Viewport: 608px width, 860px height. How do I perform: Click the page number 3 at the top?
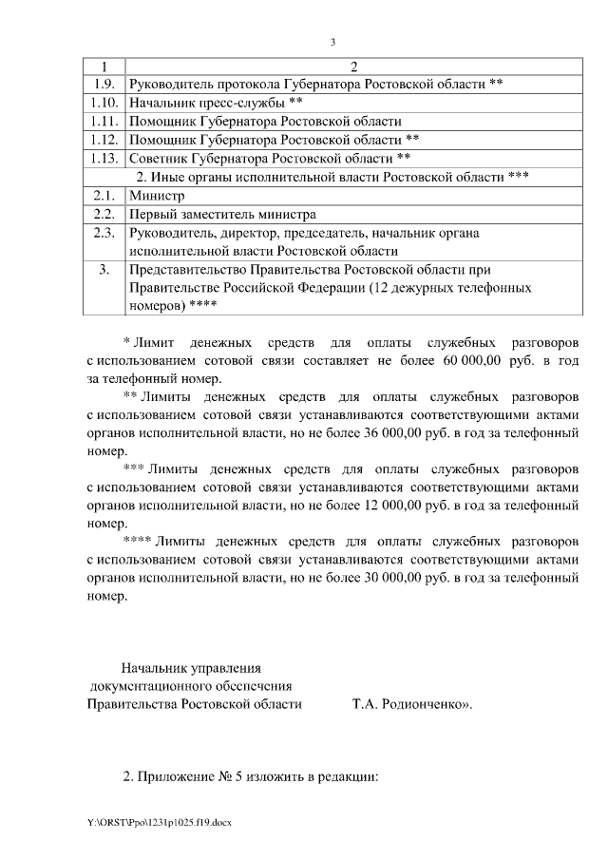point(332,42)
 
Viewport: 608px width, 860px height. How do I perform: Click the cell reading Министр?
point(156,195)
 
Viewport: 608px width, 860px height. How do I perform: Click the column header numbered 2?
point(353,66)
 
